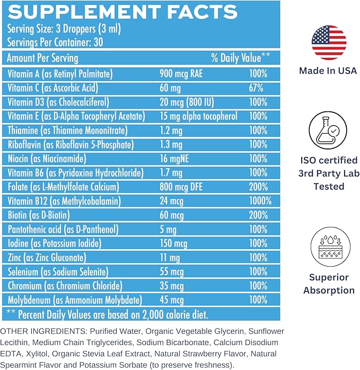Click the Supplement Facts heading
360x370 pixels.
[122, 12]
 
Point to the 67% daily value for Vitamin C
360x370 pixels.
[257, 88]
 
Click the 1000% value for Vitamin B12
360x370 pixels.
[260, 201]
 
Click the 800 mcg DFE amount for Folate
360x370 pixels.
[185, 187]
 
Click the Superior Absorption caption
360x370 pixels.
[329, 284]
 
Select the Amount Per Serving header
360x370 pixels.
[43, 58]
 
